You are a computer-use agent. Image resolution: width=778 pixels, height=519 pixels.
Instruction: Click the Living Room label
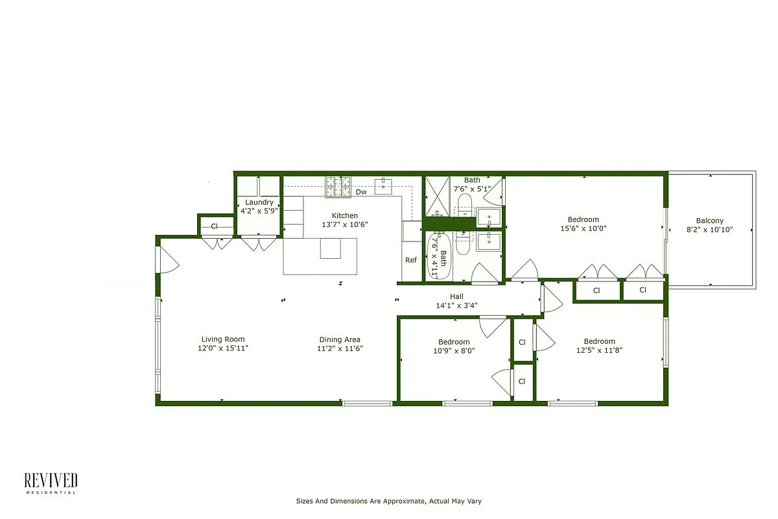(223, 339)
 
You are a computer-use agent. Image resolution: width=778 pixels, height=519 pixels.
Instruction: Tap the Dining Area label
(340, 339)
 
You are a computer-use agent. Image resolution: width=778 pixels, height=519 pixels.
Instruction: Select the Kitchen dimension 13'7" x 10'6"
(344, 224)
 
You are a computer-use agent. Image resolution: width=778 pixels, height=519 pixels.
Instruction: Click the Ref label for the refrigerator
(411, 260)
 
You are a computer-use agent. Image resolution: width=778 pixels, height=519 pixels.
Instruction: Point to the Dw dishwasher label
(361, 192)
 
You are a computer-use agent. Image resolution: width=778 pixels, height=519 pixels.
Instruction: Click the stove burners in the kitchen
(338, 187)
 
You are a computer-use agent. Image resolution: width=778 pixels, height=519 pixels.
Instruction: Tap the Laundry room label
(259, 202)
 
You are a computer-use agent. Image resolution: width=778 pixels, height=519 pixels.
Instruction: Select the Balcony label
(709, 221)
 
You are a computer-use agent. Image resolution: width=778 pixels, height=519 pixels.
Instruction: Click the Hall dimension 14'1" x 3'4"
(456, 305)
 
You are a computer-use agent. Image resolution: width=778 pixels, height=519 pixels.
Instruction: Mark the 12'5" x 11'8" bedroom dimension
(599, 350)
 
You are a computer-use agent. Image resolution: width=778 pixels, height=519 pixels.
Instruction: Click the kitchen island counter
(320, 256)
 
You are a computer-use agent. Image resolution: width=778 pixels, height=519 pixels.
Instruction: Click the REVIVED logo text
(51, 480)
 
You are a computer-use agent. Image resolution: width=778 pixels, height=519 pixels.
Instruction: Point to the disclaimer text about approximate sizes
(388, 501)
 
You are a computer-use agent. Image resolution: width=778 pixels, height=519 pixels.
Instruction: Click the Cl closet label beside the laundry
(214, 226)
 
